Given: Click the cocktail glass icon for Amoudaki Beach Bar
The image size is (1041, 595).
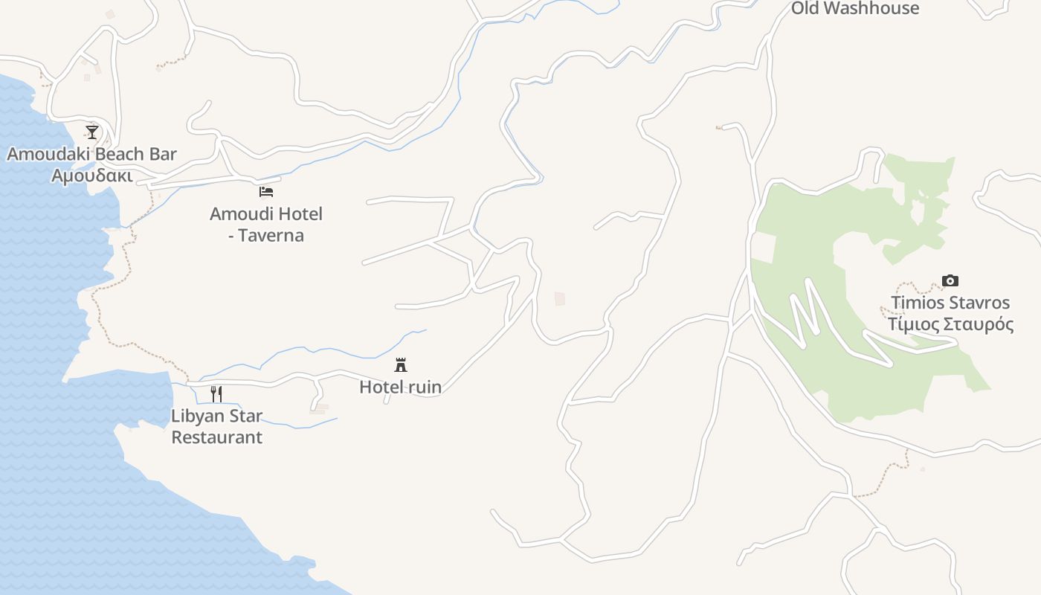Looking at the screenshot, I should tap(92, 132).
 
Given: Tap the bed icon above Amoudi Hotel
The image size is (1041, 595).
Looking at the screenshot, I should tap(266, 192).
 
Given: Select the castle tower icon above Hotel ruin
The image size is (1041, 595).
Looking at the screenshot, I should tap(401, 364).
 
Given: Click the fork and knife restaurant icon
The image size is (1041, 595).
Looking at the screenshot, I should tap(216, 393).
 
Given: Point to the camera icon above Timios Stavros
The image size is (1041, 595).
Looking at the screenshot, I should tap(950, 280).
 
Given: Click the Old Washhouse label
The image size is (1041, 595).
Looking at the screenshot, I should tap(855, 8).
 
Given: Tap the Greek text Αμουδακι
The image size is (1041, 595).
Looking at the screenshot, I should tap(92, 176).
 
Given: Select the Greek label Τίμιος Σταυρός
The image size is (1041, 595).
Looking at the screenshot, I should tap(950, 324).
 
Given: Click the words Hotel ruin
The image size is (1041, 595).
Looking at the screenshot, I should tap(400, 387).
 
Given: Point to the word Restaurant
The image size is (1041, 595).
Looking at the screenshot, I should tap(216, 437).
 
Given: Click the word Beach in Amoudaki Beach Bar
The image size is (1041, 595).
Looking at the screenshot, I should tap(123, 154).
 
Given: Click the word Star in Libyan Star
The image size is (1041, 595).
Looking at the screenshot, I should tap(245, 415).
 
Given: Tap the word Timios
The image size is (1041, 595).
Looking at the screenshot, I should tap(917, 303).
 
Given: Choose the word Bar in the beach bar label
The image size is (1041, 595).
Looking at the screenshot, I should tap(164, 154).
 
